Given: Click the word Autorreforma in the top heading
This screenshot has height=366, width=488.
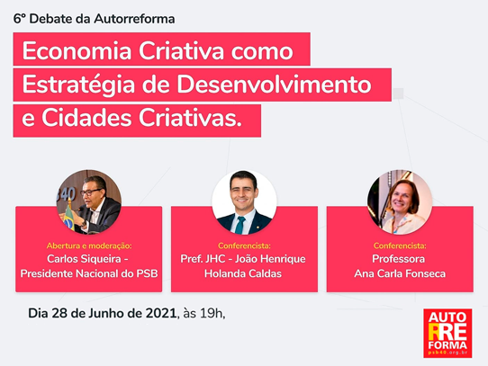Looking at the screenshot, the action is click(134, 19).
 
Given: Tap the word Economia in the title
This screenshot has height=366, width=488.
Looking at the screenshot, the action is click(77, 50).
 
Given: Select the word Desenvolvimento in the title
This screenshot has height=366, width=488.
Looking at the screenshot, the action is click(275, 85).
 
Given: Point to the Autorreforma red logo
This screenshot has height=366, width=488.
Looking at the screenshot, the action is click(447, 333).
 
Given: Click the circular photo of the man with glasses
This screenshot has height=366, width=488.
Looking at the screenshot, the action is click(89, 202).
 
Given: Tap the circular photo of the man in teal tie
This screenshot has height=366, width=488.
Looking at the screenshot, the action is click(244, 202).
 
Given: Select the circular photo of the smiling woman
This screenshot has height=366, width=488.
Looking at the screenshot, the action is click(400, 202).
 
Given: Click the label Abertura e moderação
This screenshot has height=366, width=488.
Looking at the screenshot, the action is click(89, 246).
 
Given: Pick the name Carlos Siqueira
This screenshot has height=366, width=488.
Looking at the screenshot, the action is click(84, 259).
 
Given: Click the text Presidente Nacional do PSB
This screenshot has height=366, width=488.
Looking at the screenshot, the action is click(89, 273).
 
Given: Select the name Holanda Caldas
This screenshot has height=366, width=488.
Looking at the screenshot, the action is click(243, 273).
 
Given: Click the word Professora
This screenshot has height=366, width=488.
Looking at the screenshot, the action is click(398, 259).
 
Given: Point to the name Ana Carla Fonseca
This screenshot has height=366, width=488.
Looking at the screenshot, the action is click(400, 273).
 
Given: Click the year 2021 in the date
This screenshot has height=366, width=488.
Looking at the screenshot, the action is click(161, 314).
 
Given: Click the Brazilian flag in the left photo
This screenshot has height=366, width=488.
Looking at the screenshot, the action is click(69, 218).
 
